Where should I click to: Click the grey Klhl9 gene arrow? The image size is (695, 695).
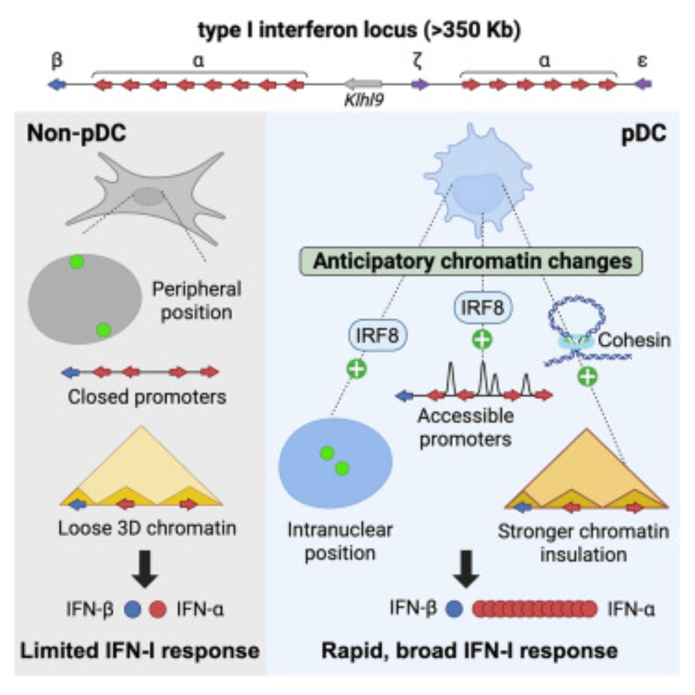[x=363, y=84]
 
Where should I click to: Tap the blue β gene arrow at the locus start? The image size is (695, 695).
[x=57, y=85]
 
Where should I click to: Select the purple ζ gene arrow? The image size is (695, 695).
[x=420, y=85]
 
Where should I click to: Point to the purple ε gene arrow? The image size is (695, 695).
[x=643, y=84]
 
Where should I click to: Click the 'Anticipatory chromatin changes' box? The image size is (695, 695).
[x=471, y=262]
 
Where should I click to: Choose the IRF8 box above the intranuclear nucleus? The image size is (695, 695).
[x=378, y=335]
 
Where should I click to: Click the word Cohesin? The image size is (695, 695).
[x=634, y=340]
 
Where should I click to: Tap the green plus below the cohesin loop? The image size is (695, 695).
[x=587, y=377]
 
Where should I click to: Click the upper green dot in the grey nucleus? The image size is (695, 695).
[x=76, y=262]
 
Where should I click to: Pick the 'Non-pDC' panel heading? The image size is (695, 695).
[x=76, y=133]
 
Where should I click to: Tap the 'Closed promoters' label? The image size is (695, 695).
[x=147, y=397]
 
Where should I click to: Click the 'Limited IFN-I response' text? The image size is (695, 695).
[x=140, y=651]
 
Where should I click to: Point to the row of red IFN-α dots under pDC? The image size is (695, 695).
[x=534, y=609]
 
